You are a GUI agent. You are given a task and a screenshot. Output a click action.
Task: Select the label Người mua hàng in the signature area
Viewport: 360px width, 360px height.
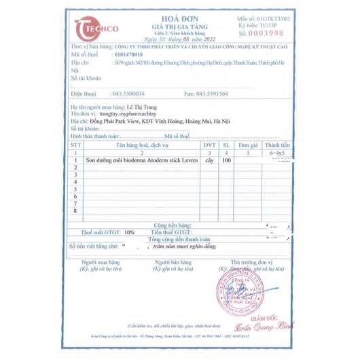[x=102, y=262]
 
